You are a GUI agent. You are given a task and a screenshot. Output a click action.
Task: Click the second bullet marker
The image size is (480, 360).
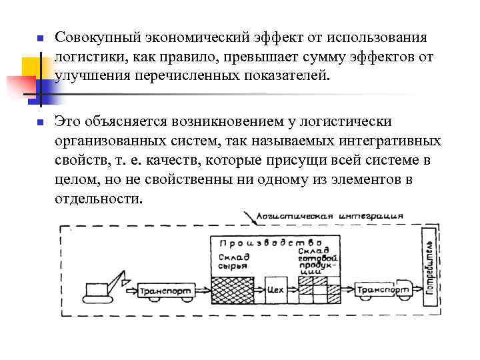click(39, 122)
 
